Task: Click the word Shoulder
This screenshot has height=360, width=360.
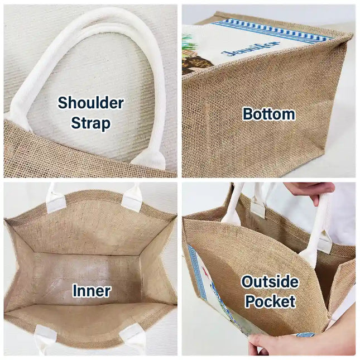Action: click(x=90, y=103)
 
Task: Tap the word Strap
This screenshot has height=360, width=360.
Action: click(x=90, y=123)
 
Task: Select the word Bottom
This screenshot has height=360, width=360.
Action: click(x=269, y=114)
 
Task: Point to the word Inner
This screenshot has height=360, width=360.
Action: click(x=92, y=291)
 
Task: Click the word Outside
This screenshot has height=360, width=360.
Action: click(x=270, y=282)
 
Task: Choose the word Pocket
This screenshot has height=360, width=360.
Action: click(x=270, y=301)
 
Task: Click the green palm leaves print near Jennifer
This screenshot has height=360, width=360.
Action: click(x=186, y=43)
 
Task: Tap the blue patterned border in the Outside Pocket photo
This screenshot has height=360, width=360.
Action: click(x=197, y=273)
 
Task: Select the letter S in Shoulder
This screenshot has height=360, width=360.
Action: click(x=63, y=103)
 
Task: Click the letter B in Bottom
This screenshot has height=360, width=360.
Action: click(x=248, y=114)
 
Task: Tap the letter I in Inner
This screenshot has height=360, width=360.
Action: click(x=75, y=291)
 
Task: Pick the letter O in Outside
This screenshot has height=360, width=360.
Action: click(x=247, y=282)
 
